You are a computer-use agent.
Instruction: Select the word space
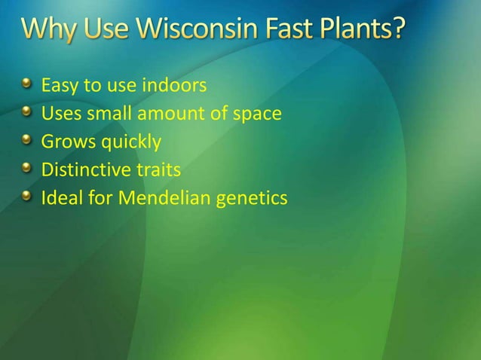(259, 114)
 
